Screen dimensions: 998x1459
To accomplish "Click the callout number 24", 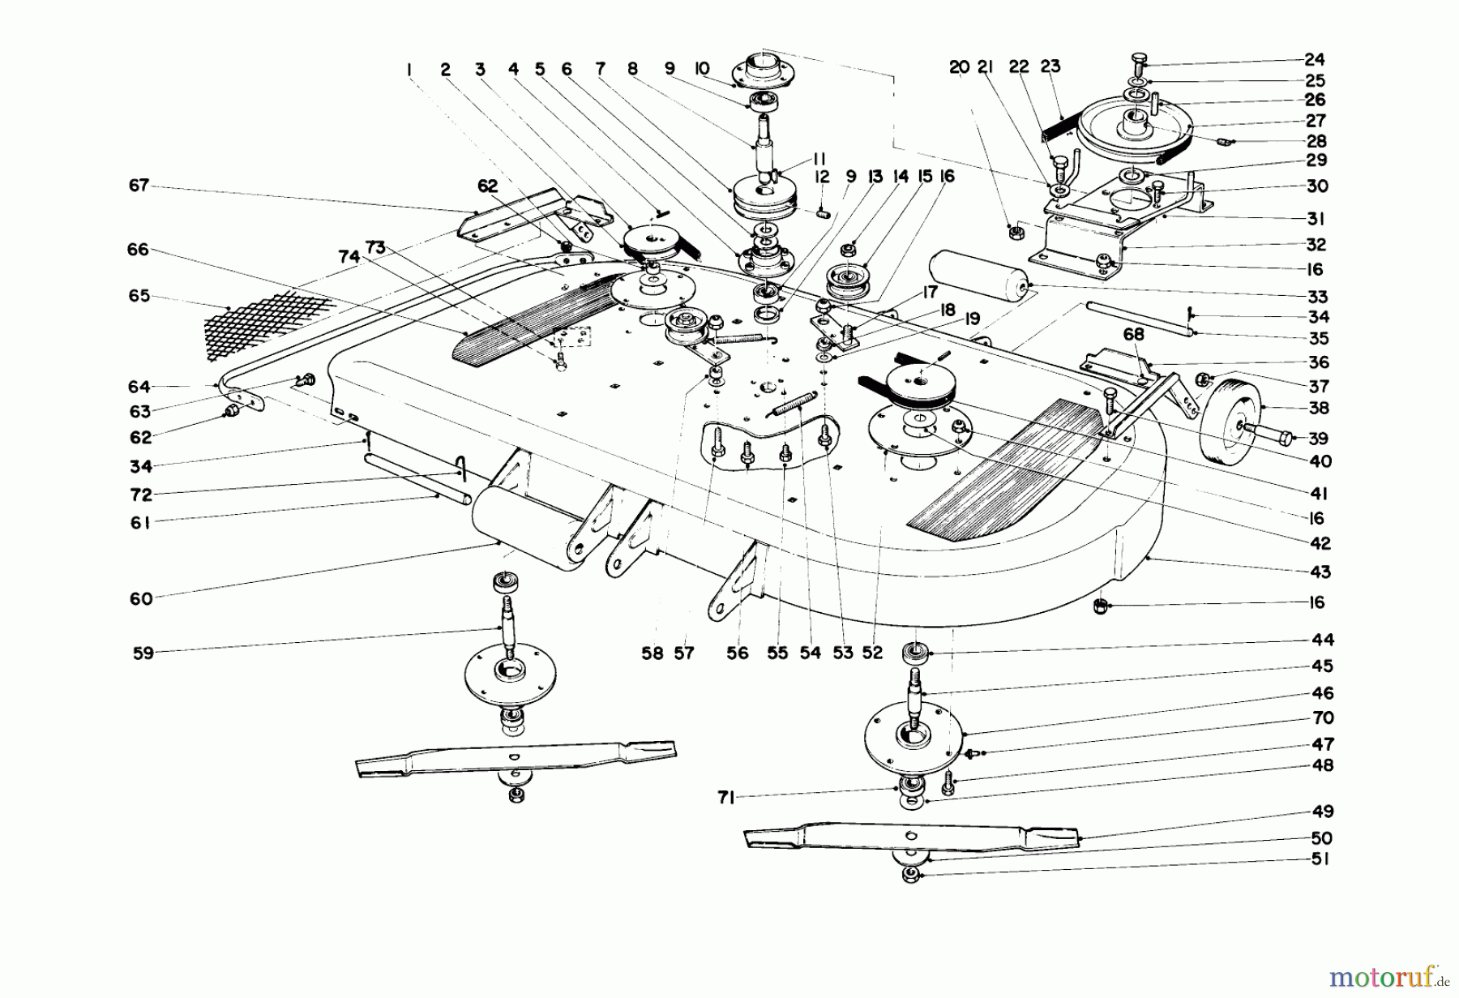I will [x=1315, y=59].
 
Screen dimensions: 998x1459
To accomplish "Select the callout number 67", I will [x=139, y=186].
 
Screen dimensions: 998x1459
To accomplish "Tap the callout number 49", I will [x=1322, y=812].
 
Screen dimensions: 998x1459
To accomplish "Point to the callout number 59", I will [x=143, y=653].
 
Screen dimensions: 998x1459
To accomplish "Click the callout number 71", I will [x=725, y=799].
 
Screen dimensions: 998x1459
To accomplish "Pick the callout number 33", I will [x=1318, y=297].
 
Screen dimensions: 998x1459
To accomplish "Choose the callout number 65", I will [x=139, y=296].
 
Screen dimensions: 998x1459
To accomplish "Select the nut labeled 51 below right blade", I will [x=910, y=876].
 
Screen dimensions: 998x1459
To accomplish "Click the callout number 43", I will [x=1320, y=572].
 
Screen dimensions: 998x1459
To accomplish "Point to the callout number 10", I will [x=701, y=68].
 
